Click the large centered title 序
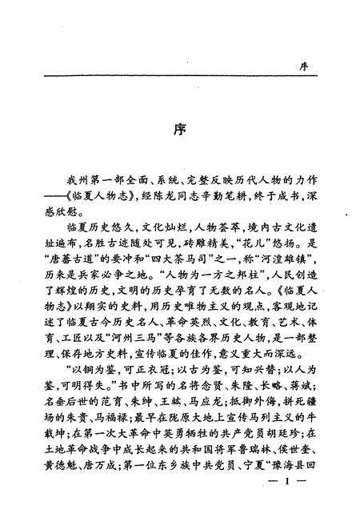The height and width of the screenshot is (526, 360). click(181, 131)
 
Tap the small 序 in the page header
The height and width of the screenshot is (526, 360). click(302, 67)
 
